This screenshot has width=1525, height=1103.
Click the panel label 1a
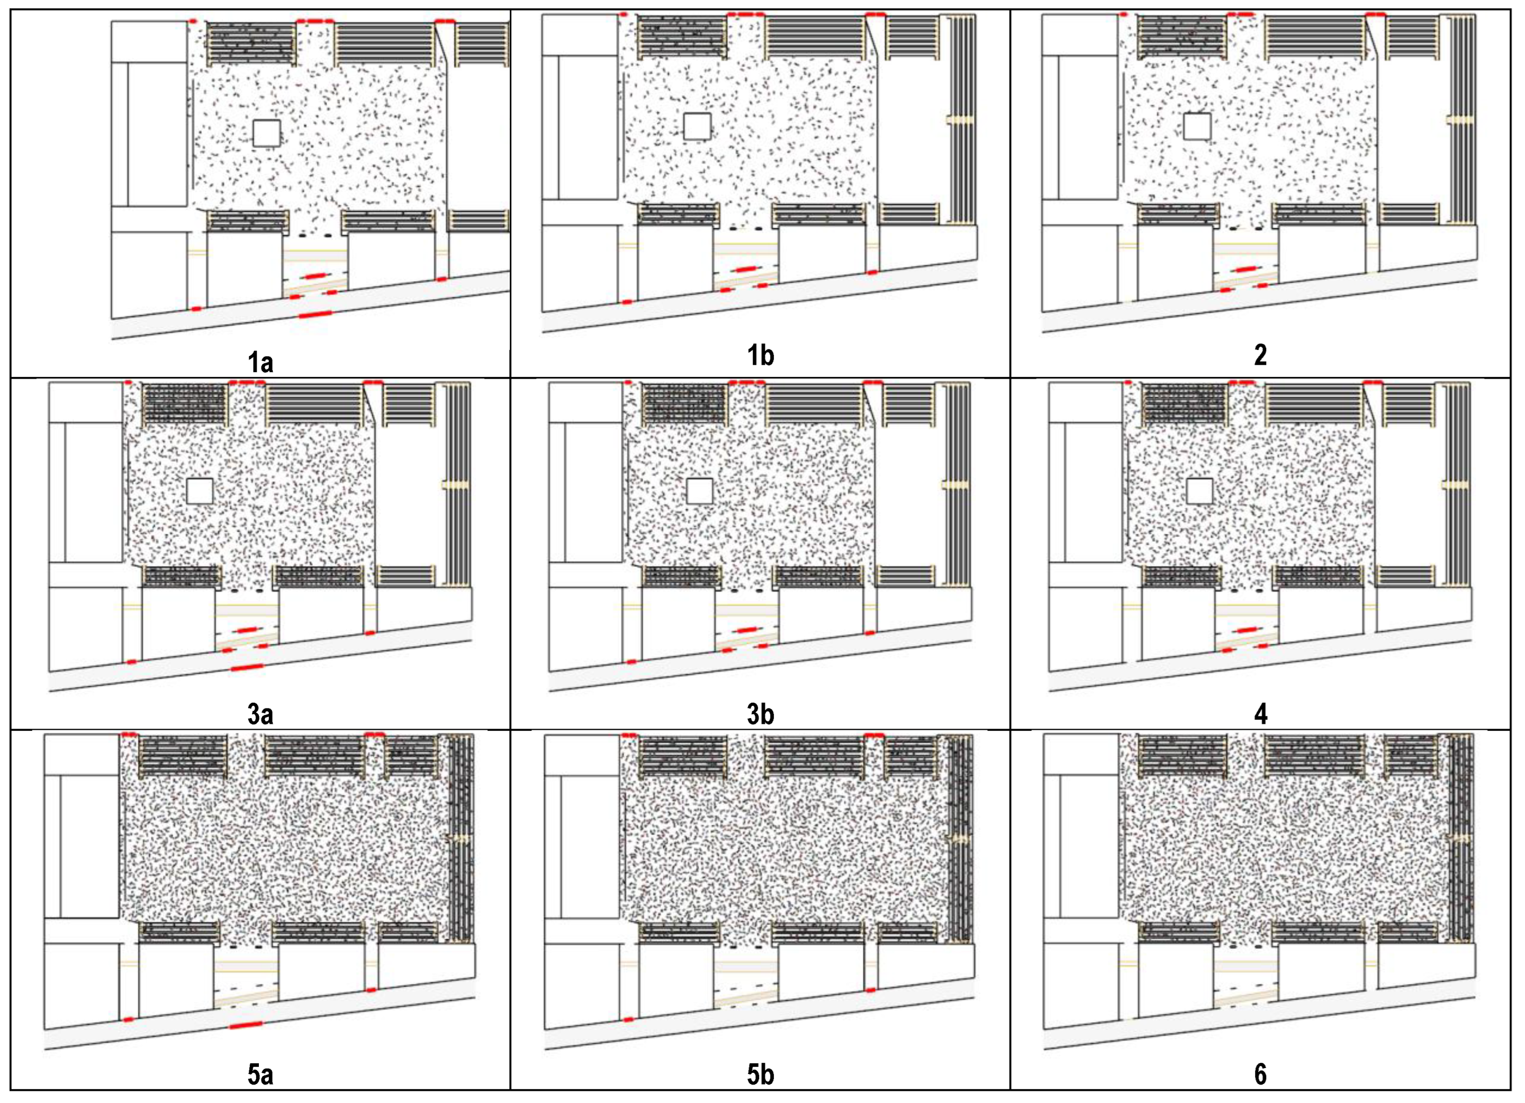(x=260, y=363)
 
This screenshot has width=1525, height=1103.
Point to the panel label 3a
(x=260, y=714)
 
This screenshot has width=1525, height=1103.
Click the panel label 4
(x=1261, y=714)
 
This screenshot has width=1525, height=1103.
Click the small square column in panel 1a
(x=266, y=133)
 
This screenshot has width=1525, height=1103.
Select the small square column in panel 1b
(x=697, y=127)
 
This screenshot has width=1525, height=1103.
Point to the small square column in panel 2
(x=1197, y=127)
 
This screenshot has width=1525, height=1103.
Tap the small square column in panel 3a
(x=200, y=491)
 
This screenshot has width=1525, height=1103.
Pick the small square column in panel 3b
(x=699, y=491)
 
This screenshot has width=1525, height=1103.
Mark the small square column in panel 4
(x=1199, y=491)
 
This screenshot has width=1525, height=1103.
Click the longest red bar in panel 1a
(x=315, y=313)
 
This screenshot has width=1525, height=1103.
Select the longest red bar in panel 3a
(x=247, y=668)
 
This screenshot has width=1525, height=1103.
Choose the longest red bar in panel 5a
(x=246, y=1025)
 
